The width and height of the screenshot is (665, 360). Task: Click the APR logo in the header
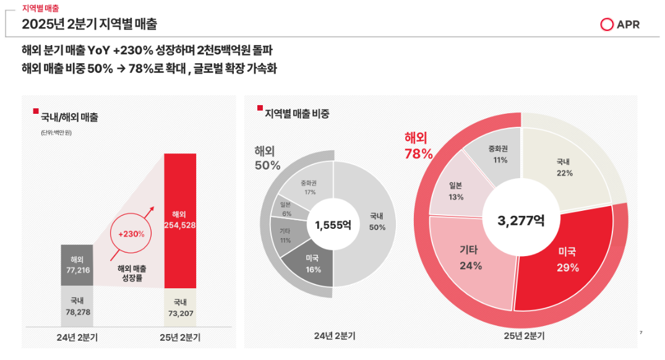(x=620, y=25)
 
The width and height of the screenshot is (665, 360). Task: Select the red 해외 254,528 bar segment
(x=180, y=219)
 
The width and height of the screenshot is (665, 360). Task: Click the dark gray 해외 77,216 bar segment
(x=77, y=265)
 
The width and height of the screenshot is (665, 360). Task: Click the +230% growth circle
(x=131, y=234)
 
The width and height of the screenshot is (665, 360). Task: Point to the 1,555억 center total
(x=333, y=225)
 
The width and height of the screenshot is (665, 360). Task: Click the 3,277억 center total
(x=521, y=220)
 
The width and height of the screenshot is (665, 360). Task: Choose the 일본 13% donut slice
(x=457, y=191)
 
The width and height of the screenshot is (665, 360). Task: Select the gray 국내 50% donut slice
(x=376, y=221)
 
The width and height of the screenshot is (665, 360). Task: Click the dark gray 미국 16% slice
(x=312, y=264)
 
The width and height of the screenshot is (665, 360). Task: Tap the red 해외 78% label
(x=418, y=146)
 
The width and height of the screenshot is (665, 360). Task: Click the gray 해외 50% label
(x=267, y=158)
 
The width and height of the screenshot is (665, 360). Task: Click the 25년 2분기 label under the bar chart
(x=180, y=337)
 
